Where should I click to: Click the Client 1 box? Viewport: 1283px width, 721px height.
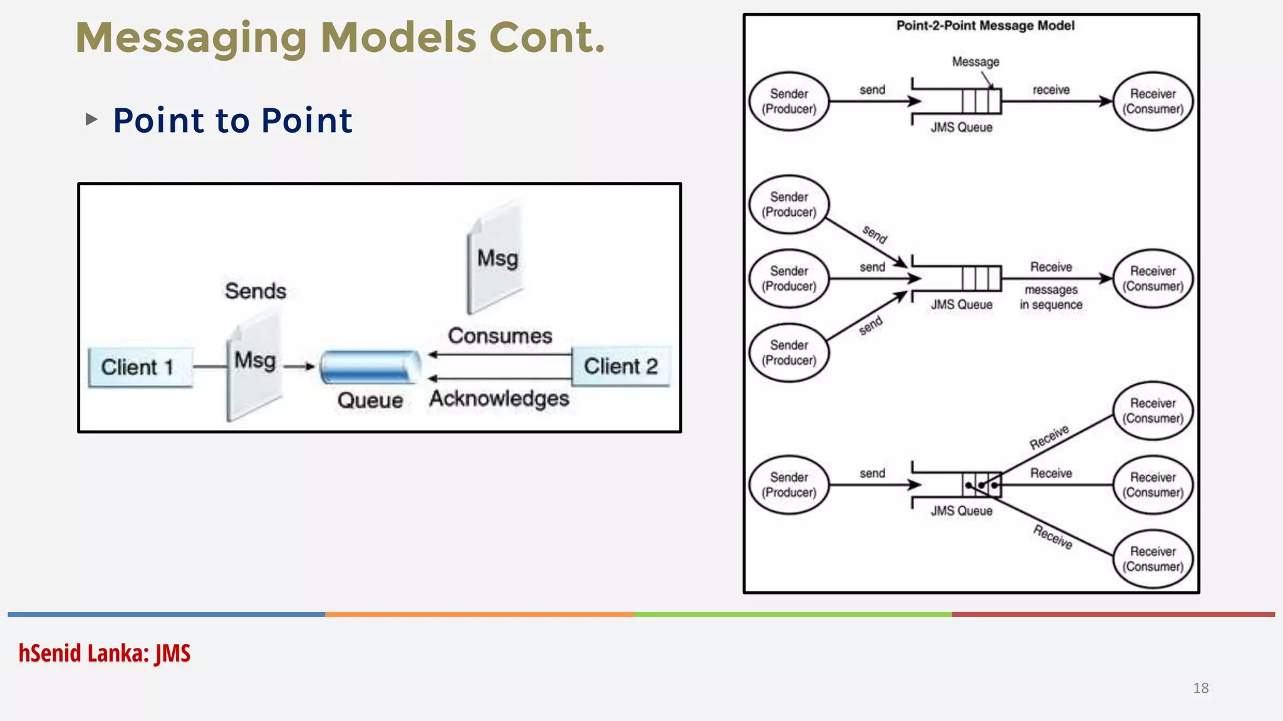point(140,367)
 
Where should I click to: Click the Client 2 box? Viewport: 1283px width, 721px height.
point(621,366)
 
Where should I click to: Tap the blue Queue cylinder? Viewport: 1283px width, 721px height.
point(370,367)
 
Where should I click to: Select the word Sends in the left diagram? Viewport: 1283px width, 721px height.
point(256,291)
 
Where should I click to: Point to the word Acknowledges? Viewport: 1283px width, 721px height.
point(499,399)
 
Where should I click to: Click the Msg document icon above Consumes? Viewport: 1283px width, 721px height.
point(496,258)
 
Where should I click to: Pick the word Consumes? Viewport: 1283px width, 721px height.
point(500,336)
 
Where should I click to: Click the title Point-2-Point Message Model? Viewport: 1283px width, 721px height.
point(985,26)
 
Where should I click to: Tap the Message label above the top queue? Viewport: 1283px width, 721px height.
point(975,62)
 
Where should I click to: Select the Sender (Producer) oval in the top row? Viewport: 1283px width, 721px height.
point(789,101)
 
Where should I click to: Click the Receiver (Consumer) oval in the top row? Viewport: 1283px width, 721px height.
point(1153,101)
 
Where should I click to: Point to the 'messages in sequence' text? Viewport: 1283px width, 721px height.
point(1051,297)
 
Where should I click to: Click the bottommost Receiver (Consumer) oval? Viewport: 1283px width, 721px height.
point(1153,559)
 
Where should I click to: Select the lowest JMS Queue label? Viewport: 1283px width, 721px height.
point(961,511)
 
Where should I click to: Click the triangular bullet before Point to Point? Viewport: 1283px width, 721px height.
point(91,119)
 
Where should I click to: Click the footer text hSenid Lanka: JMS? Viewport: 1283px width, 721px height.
point(104,653)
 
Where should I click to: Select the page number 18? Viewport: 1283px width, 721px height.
point(1200,688)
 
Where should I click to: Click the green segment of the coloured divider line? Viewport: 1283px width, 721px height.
point(792,615)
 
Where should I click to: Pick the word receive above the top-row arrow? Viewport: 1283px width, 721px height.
point(1051,90)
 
